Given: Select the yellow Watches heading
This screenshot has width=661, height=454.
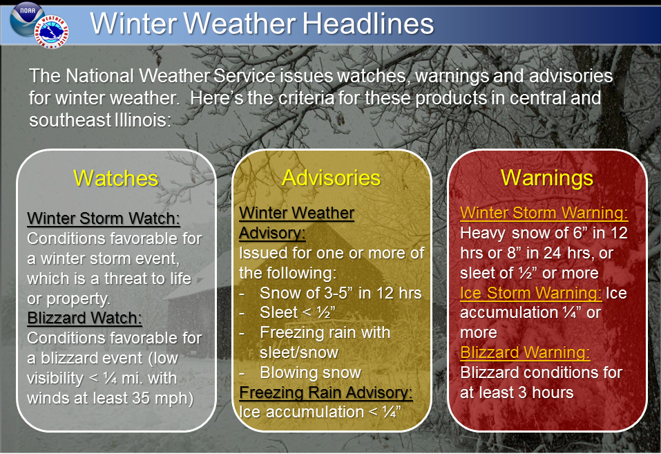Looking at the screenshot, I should click(x=115, y=178).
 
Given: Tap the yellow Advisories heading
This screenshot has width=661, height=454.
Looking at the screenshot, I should click(x=331, y=178).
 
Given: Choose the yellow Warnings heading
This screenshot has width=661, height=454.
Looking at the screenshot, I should click(x=546, y=178).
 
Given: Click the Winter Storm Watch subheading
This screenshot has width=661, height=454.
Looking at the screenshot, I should click(x=104, y=219).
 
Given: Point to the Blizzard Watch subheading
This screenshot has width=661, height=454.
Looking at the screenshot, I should click(x=84, y=319).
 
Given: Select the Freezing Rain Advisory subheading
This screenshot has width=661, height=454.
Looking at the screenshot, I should click(x=325, y=392).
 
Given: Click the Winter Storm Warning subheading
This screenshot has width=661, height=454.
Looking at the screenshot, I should click(x=544, y=213).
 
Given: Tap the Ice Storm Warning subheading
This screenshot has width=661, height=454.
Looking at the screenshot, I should click(x=530, y=293).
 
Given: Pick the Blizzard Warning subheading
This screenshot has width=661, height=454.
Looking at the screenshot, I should click(x=525, y=353).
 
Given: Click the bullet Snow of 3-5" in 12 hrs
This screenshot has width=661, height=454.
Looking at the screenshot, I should click(x=341, y=292).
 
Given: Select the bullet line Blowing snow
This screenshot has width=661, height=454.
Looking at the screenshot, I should click(x=310, y=372).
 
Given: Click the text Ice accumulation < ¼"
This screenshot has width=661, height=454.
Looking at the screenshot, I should click(x=320, y=412).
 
